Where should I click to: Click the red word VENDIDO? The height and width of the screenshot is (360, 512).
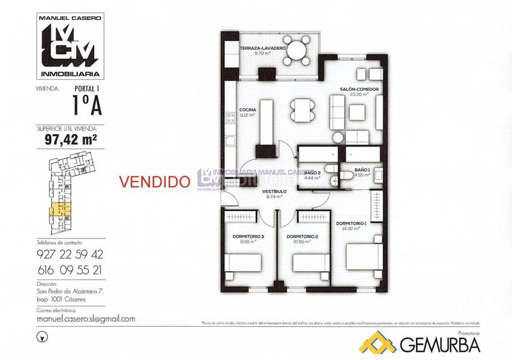pyautogui.click(x=155, y=181)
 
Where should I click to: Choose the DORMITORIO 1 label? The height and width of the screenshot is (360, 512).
pyautogui.click(x=351, y=223)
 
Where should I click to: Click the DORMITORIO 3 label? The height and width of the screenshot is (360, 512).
pyautogui.click(x=244, y=237)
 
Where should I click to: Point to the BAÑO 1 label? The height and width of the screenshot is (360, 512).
pyautogui.click(x=363, y=169)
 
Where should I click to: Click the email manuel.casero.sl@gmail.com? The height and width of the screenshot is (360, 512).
pyautogui.click(x=86, y=319)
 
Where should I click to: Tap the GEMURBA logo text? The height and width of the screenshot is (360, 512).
pyautogui.click(x=440, y=345)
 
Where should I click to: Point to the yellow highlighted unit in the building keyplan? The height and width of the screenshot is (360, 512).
pyautogui.click(x=58, y=209)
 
